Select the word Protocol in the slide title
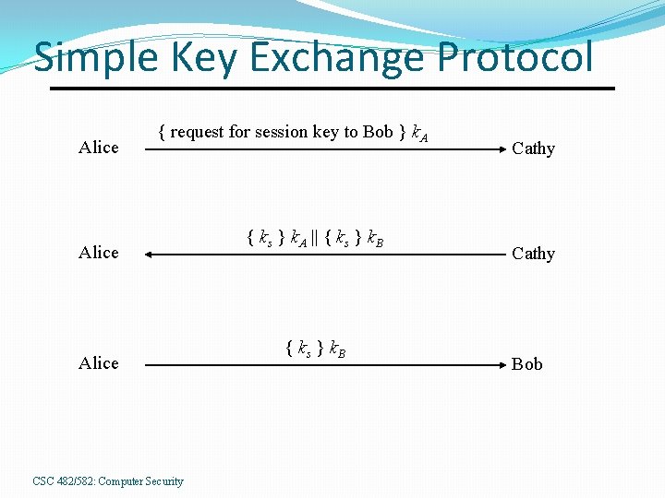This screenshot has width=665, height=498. click(x=515, y=58)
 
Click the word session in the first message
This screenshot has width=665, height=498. click(x=281, y=132)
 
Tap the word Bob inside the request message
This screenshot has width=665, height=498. click(x=378, y=132)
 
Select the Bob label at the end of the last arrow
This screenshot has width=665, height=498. click(x=527, y=364)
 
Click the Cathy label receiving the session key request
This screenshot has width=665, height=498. click(x=533, y=148)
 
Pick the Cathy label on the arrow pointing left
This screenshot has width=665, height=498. click(x=533, y=254)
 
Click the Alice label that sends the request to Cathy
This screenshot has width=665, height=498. click(x=99, y=148)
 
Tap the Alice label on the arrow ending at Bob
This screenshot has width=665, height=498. click(x=99, y=363)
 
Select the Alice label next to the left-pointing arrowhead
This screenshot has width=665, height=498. click(x=99, y=253)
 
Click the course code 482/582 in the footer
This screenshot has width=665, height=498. click(x=76, y=481)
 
